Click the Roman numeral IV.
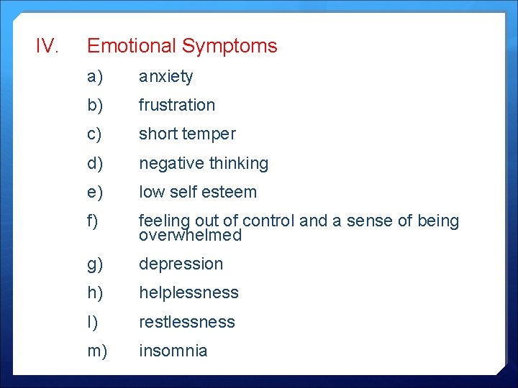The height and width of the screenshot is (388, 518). (x=47, y=46)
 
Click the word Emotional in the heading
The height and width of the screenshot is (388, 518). (x=132, y=46)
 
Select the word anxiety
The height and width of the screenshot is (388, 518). (x=165, y=76)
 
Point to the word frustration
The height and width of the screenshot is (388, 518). (x=177, y=105)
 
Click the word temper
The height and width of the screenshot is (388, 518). (x=210, y=134)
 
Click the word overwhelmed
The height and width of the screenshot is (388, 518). (x=190, y=236)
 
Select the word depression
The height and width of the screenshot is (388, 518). (x=181, y=264)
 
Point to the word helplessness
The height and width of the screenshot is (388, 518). (x=188, y=292)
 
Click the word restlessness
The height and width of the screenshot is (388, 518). (x=187, y=322)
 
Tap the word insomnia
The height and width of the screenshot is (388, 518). (x=173, y=351)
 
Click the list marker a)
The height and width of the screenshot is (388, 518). (x=95, y=76)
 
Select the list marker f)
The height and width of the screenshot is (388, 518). (x=93, y=221)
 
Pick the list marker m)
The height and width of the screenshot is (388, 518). (x=97, y=351)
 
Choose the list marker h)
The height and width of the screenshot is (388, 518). (x=95, y=292)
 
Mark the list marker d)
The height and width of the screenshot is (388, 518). (x=95, y=163)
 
